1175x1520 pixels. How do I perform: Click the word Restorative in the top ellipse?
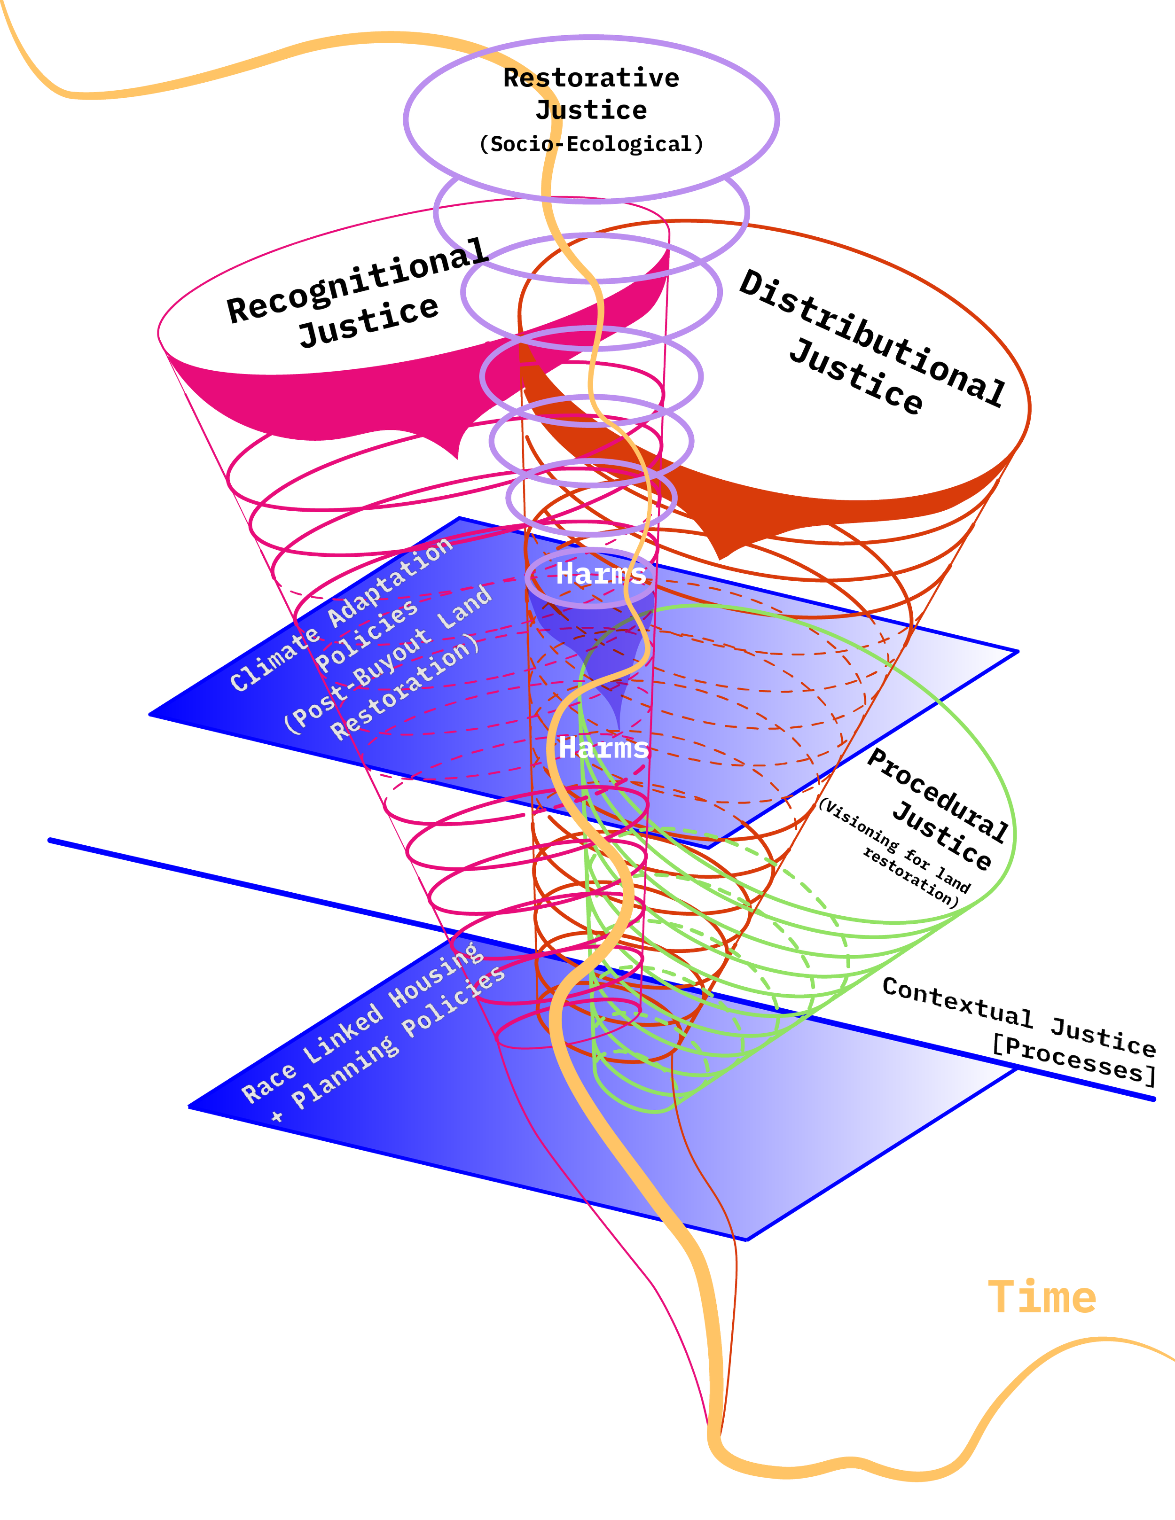click(591, 78)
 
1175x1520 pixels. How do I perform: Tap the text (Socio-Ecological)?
click(591, 144)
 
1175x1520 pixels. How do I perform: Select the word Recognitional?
click(356, 282)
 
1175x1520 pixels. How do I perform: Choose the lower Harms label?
click(603, 748)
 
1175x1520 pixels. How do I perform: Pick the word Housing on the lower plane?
click(436, 975)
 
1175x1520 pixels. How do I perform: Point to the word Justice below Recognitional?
click(369, 321)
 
